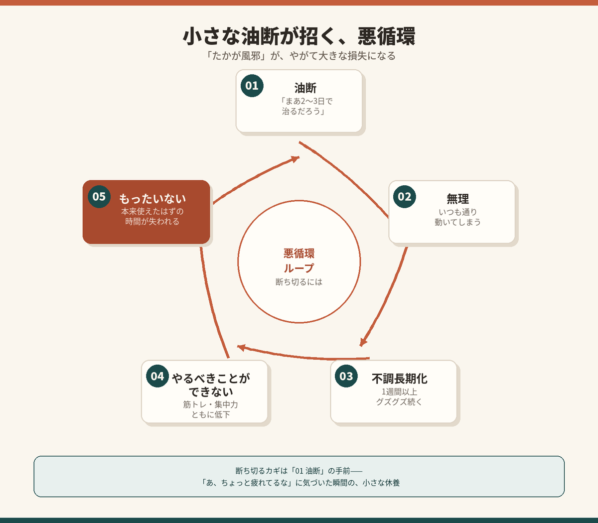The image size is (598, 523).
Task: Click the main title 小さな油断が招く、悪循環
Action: [299, 36]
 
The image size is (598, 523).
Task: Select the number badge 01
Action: [252, 86]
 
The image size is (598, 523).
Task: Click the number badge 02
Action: [405, 197]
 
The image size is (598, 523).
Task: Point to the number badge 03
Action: [346, 376]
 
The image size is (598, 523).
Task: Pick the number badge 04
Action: [157, 376]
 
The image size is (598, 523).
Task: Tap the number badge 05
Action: [99, 197]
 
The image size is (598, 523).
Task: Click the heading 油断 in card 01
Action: [305, 88]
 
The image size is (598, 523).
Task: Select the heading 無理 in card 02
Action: [457, 199]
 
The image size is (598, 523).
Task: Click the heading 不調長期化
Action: [400, 379]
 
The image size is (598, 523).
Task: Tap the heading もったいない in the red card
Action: [152, 199]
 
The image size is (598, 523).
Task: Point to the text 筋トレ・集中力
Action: [210, 404]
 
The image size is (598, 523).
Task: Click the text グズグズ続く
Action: [399, 402]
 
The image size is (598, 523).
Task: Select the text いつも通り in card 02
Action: [457, 212]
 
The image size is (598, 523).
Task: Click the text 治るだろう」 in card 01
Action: [303, 111]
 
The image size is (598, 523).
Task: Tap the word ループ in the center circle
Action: [299, 268]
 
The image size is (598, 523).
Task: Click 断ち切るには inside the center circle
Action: [299, 282]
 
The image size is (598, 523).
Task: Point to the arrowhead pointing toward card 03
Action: [363, 342]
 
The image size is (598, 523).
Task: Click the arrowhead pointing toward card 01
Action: [295, 159]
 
